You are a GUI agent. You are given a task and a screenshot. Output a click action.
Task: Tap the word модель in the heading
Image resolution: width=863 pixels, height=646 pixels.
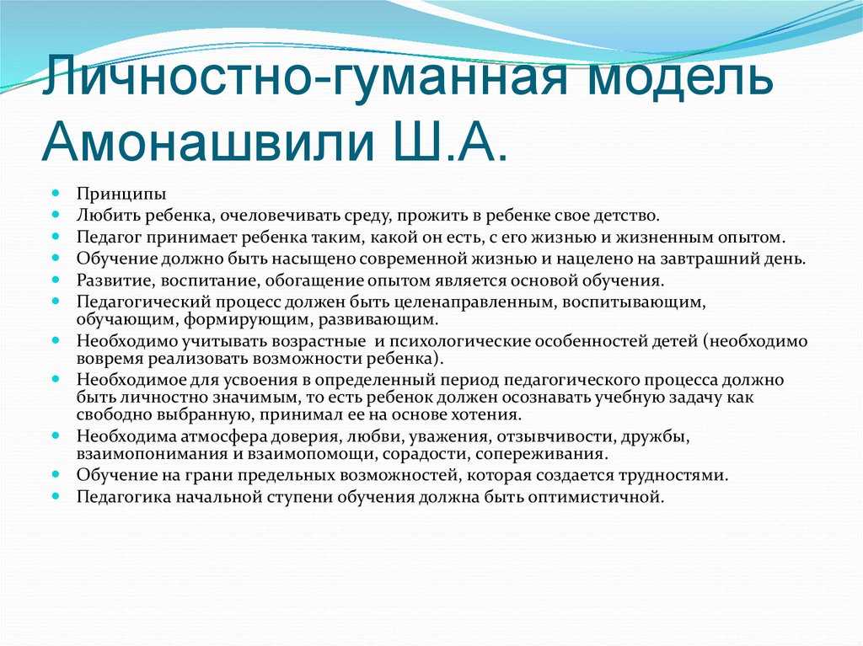[x=679, y=74]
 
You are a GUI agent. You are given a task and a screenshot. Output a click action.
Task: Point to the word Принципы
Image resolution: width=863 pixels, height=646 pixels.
[x=121, y=195]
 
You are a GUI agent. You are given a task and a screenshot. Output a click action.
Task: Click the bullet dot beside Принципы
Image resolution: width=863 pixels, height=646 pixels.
[x=56, y=193]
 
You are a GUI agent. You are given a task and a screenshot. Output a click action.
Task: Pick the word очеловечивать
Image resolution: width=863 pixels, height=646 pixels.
[x=274, y=216]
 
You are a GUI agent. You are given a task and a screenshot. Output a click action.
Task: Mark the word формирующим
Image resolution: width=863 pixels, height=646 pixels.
[x=249, y=320]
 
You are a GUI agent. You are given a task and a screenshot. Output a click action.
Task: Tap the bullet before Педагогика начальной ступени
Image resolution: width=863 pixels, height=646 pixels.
[x=56, y=496]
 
